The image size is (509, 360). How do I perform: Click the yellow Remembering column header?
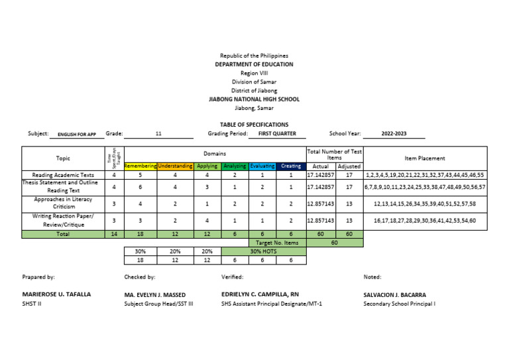click(140, 166)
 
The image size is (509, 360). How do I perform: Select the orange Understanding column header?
click(175, 166)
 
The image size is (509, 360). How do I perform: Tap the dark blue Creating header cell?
click(290, 166)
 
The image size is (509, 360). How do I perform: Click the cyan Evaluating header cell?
click(262, 166)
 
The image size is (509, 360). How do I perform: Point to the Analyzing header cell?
click(235, 166)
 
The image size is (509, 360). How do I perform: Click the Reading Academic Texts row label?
click(63, 175)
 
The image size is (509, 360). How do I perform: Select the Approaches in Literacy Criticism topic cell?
click(63, 203)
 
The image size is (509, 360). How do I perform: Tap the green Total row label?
click(63, 234)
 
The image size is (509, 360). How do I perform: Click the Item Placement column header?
click(425, 158)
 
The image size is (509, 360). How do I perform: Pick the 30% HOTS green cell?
click(264, 251)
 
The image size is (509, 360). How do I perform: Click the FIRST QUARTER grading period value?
click(276, 134)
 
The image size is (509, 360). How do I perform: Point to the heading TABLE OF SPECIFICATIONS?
click(254, 125)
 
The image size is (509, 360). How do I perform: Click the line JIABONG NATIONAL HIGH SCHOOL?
click(254, 99)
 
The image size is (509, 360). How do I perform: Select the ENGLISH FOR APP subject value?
click(77, 135)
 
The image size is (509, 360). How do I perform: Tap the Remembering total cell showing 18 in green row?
click(140, 234)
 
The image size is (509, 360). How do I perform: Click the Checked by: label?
click(140, 276)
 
